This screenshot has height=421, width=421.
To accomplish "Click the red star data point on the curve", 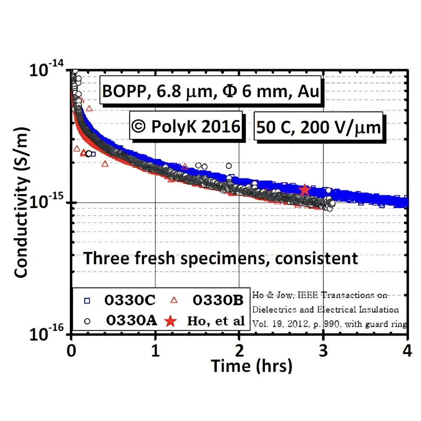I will (304, 190).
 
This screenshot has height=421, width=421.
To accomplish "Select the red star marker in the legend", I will (170, 321).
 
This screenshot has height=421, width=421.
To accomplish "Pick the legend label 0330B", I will (218, 301).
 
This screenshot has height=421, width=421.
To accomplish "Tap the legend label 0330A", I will (131, 321).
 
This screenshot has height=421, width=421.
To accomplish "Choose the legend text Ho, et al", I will (216, 321).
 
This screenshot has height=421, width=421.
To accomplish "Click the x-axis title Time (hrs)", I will (251, 365).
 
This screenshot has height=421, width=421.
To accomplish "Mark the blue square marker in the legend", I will (87, 301).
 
